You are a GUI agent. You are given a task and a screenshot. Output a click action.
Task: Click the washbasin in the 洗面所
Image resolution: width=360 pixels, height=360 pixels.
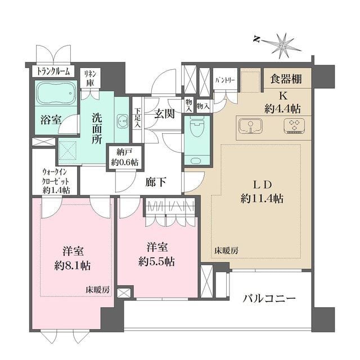tap(121, 120)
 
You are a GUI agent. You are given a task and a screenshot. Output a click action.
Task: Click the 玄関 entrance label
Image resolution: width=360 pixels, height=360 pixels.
tap(164, 112)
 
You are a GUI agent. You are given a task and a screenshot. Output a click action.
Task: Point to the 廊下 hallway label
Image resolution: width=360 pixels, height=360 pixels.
tap(155, 182)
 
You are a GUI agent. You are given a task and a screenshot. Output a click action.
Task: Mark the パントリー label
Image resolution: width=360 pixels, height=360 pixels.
tap(225, 80)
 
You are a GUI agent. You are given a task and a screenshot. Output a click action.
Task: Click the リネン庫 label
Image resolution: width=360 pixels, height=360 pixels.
tap(89, 78)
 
